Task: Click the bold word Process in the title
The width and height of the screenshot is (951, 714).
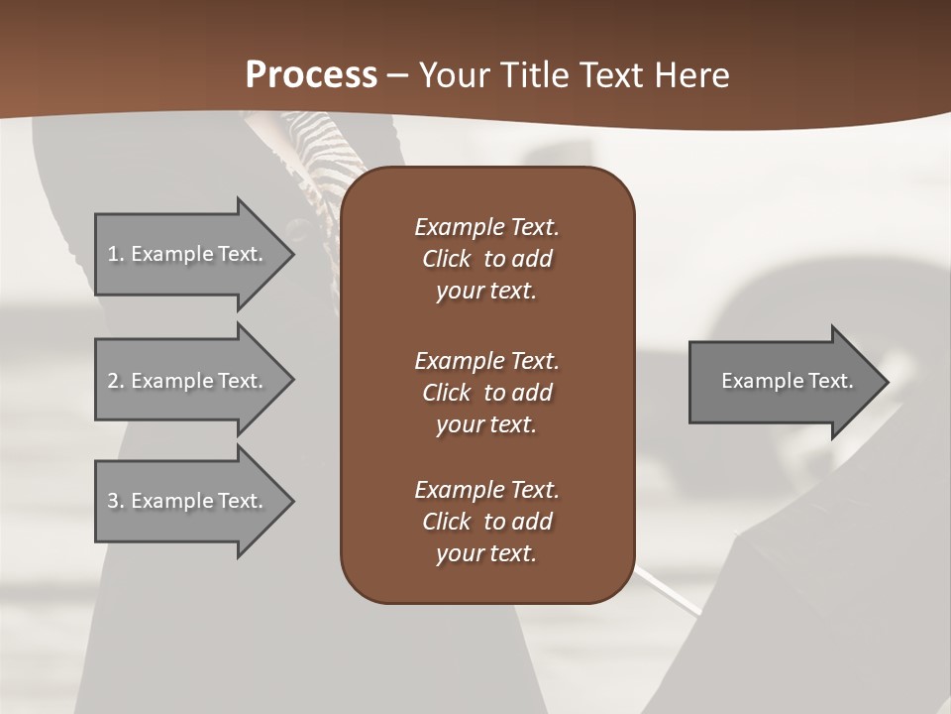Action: [x=311, y=75]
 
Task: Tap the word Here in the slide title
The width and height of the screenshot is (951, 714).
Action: [x=691, y=75]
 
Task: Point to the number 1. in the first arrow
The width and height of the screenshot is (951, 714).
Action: [x=116, y=254]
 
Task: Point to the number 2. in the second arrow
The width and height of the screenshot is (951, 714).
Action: [x=116, y=381]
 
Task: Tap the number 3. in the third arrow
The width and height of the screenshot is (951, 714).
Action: [x=116, y=501]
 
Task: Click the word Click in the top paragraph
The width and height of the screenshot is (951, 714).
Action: [x=447, y=259]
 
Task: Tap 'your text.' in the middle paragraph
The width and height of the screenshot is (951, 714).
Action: [x=486, y=424]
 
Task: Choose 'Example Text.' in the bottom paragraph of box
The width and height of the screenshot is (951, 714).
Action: [x=486, y=490]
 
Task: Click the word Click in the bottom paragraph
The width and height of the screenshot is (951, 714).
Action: [x=447, y=522]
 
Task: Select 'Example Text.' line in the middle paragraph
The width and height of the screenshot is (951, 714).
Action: [x=486, y=361]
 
